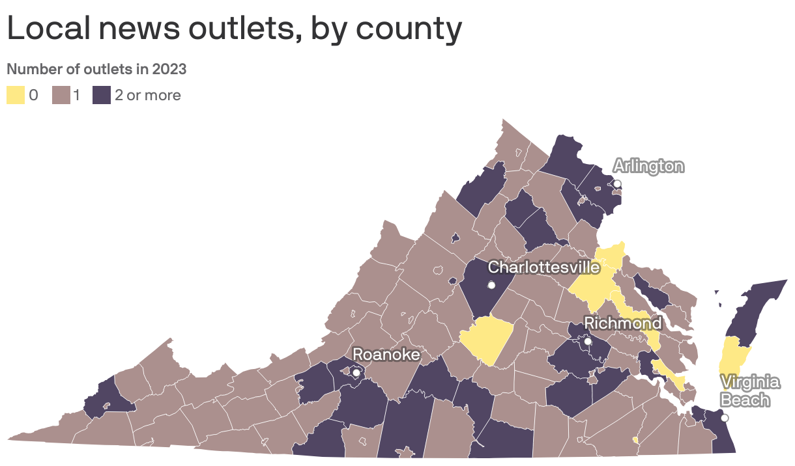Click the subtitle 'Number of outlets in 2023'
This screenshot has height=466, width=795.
click(x=96, y=69)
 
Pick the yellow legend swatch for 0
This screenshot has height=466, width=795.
click(x=16, y=95)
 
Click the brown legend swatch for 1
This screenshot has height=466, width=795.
click(x=61, y=95)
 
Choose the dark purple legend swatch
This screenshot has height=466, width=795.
click(x=102, y=95)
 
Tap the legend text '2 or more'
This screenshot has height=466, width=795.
click(x=148, y=96)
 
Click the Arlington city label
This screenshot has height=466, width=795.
click(x=648, y=167)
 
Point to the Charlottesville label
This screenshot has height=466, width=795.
click(x=543, y=267)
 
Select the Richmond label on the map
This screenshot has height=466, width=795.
click(x=622, y=323)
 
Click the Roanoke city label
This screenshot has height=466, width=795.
click(x=386, y=354)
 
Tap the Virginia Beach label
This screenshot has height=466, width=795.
click(x=749, y=391)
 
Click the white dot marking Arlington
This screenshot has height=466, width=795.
click(x=617, y=184)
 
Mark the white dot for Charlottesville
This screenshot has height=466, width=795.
click(x=491, y=285)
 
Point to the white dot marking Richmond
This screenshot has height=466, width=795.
click(x=587, y=341)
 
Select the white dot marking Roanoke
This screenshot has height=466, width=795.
click(x=356, y=373)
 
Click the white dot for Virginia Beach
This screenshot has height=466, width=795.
click(x=724, y=418)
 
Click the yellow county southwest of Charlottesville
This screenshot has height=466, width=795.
click(x=486, y=340)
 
